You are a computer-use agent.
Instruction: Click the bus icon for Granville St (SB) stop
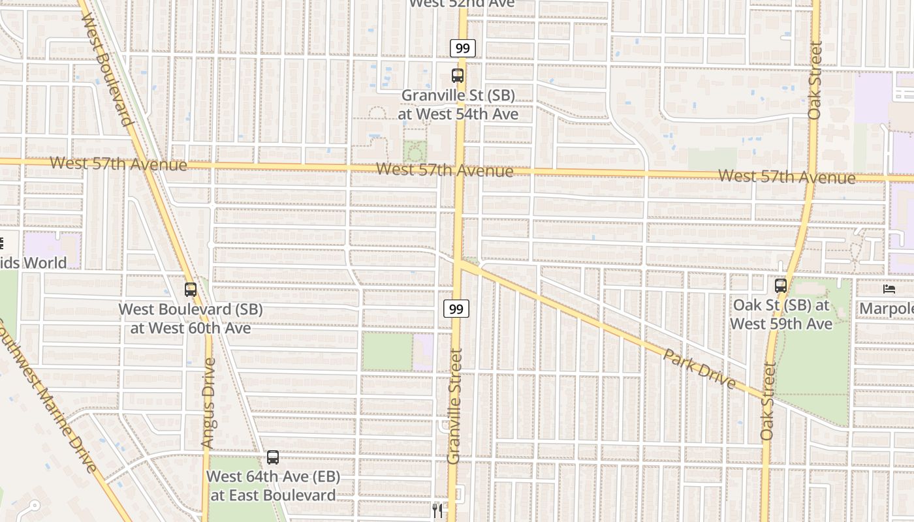tap(458, 75)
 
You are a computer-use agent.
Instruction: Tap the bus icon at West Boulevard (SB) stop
tap(191, 289)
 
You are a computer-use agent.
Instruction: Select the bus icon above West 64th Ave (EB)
tap(273, 457)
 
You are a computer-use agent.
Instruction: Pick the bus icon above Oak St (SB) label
tap(781, 285)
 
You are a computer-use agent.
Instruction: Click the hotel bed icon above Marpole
tap(889, 288)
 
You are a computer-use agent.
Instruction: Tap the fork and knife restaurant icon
tap(437, 510)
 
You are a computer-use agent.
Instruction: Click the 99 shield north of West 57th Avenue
tap(462, 48)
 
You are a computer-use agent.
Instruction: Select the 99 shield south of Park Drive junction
tap(456, 309)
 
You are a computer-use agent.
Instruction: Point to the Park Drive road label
tap(699, 369)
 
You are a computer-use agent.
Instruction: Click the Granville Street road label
tap(455, 406)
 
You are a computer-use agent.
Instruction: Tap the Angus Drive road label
tap(208, 406)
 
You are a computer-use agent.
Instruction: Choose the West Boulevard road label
tap(107, 69)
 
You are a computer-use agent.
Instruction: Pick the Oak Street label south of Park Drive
tap(768, 401)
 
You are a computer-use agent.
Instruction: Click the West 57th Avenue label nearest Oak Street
tap(787, 176)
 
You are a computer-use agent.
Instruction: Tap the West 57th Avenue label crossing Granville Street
tap(445, 170)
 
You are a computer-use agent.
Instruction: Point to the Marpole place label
tap(886, 309)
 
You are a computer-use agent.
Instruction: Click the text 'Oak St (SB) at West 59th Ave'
tap(781, 315)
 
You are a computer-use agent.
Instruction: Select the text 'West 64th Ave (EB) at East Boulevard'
tap(273, 485)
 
